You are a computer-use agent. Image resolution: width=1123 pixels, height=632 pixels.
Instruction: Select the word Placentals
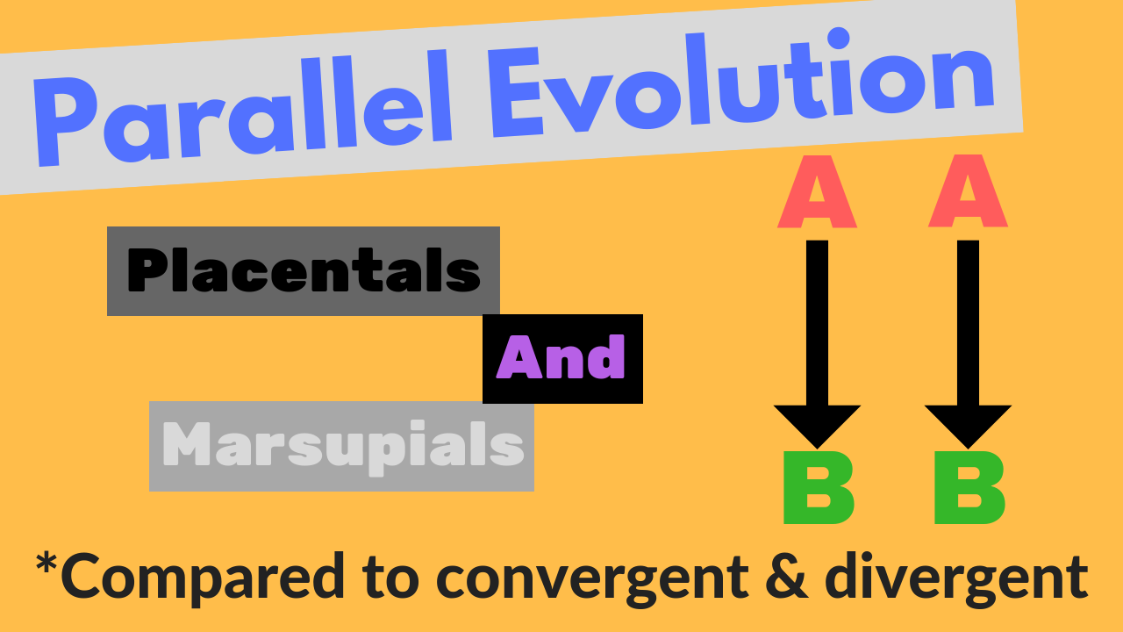tap(304, 270)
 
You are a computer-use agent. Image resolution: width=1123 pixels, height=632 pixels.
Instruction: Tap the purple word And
tap(561, 359)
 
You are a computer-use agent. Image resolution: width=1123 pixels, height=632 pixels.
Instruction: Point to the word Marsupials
tap(343, 446)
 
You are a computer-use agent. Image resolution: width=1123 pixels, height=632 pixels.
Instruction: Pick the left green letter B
tap(817, 489)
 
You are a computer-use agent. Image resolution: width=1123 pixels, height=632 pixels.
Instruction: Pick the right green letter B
tap(969, 489)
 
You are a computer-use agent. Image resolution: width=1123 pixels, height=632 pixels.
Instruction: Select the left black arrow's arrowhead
tap(817, 426)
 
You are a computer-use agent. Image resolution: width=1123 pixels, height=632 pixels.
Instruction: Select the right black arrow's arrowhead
tap(968, 426)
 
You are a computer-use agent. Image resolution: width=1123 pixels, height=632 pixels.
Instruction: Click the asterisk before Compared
tap(46, 564)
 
